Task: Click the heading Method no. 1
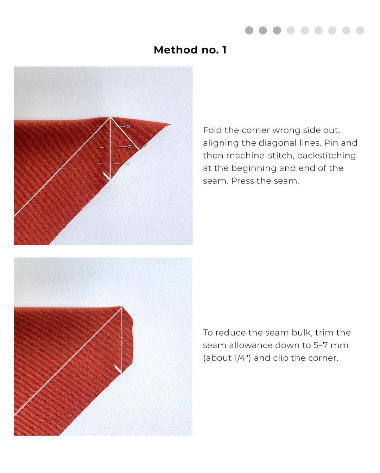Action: click(x=190, y=50)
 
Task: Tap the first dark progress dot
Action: click(x=249, y=30)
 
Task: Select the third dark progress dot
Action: click(x=277, y=30)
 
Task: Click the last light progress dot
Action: click(x=360, y=30)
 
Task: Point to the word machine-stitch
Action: click(x=260, y=156)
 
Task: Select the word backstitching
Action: click(x=326, y=156)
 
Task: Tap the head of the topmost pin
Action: click(x=128, y=127)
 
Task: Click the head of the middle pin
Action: click(x=129, y=147)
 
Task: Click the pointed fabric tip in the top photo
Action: click(x=170, y=124)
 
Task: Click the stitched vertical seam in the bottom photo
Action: click(x=122, y=339)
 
